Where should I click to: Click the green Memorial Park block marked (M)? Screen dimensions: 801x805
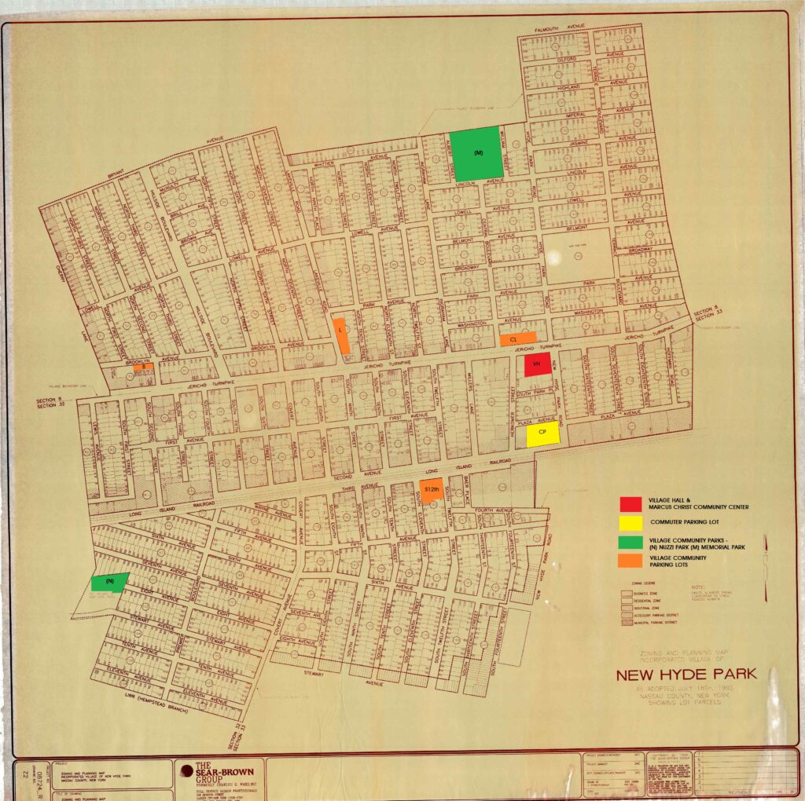pos(477,152)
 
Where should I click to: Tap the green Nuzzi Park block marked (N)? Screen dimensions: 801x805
pos(108,582)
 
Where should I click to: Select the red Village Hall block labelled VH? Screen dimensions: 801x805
pos(537,364)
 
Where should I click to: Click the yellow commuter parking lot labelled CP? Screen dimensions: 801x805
pos(542,433)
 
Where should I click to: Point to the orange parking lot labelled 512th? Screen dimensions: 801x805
pos(431,489)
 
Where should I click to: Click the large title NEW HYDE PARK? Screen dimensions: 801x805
pos(675,675)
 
